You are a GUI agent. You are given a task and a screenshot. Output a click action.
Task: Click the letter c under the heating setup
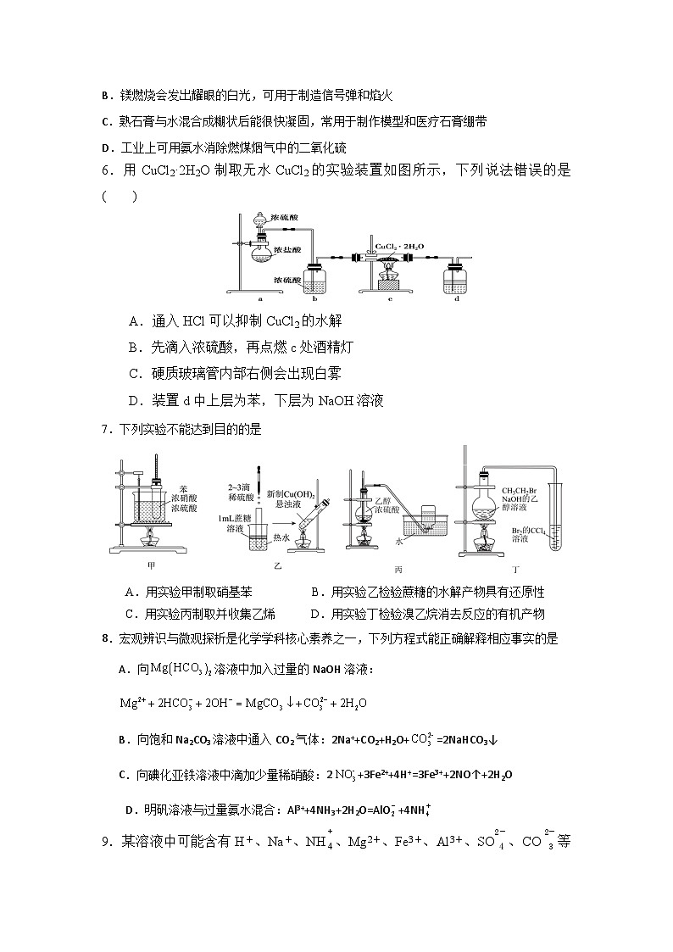coord(389,298)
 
